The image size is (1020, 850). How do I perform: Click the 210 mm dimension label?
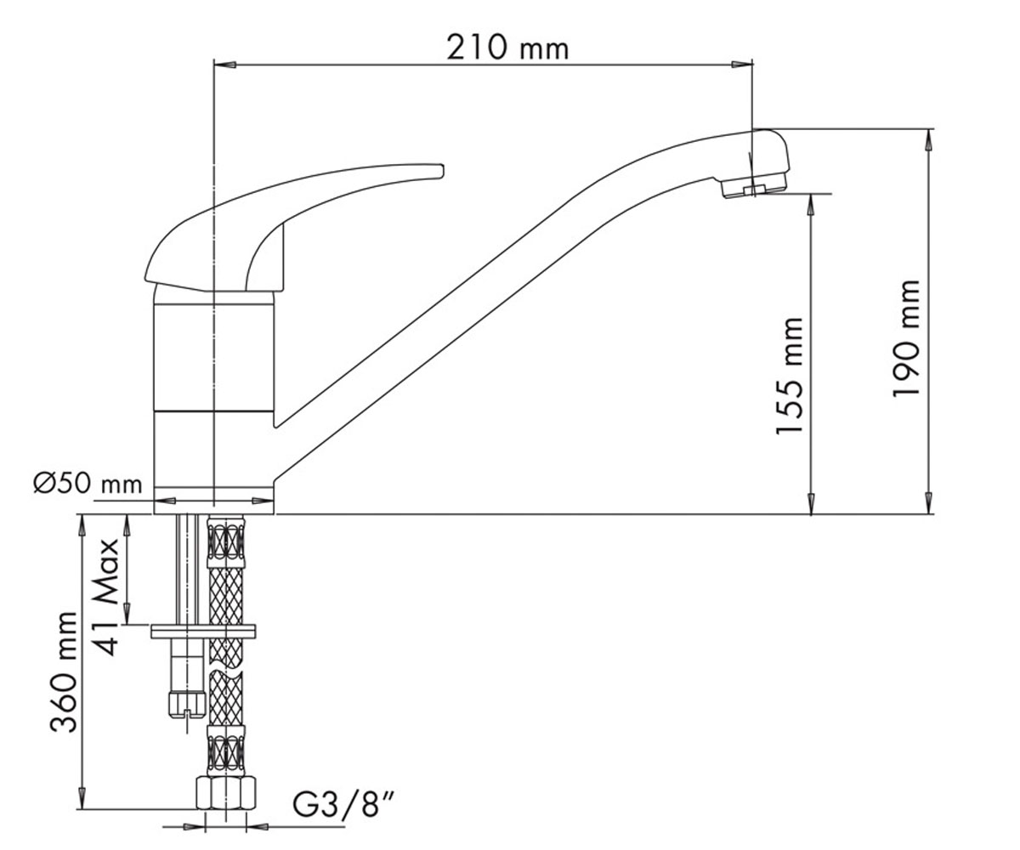[x=507, y=48]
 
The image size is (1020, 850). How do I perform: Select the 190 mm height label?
[x=907, y=338]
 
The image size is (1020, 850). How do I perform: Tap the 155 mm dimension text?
[x=790, y=376]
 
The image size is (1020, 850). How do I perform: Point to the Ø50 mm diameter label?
[x=88, y=484]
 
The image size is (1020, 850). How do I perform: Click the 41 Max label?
[x=106, y=597]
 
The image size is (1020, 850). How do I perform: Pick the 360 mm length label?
[x=64, y=671]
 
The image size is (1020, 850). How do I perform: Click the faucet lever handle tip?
[x=440, y=171]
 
